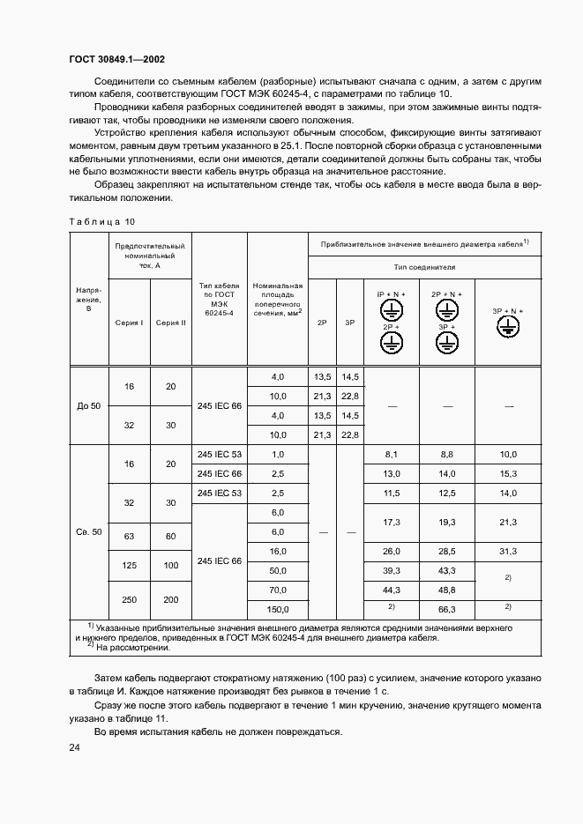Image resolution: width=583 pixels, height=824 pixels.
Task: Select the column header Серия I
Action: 130,323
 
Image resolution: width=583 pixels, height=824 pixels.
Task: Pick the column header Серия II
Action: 171,323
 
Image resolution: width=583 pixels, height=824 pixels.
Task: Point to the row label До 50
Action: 89,406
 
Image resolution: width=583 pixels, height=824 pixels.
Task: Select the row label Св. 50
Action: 89,532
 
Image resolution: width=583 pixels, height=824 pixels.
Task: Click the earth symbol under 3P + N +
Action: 507,327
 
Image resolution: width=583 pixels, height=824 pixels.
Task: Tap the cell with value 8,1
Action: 392,454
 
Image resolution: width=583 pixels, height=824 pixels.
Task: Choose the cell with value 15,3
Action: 507,474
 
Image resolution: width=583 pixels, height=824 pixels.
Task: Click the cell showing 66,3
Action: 447,609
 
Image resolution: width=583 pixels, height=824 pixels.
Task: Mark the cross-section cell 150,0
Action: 279,609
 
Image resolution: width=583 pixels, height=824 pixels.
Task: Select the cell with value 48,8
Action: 447,590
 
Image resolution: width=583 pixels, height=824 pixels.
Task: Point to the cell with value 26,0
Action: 392,551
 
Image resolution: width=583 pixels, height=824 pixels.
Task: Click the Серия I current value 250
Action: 130,599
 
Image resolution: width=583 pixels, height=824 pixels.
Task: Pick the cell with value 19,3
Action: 447,523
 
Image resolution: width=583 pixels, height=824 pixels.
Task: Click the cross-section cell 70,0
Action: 279,590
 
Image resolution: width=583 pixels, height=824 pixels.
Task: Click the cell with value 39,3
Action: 392,570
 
